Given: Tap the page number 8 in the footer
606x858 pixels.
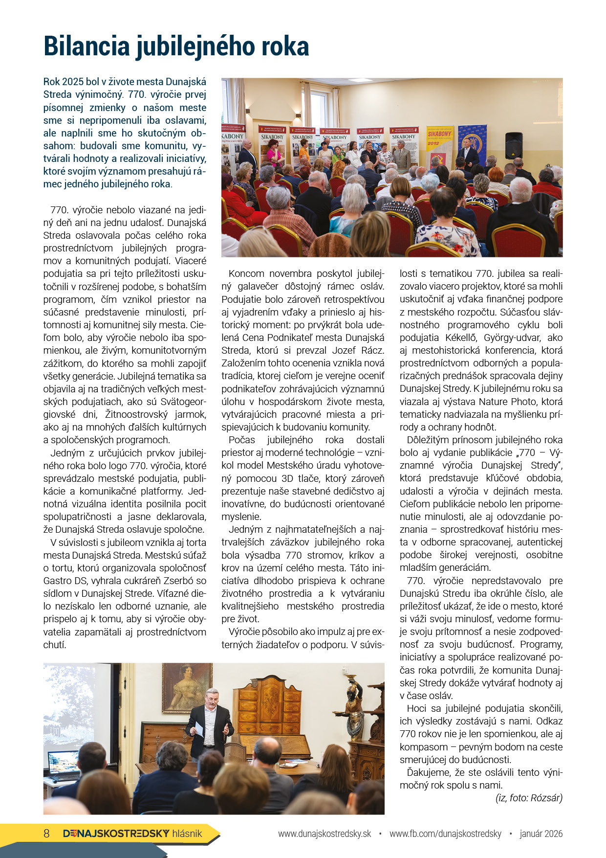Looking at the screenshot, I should point(47,834).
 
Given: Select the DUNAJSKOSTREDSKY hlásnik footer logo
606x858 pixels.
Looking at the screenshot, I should point(132,834).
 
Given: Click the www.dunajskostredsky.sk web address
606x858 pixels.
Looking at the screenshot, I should point(325,834).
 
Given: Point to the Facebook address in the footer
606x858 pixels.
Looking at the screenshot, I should point(445,834).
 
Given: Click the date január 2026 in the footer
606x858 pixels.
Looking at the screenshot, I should point(541,834).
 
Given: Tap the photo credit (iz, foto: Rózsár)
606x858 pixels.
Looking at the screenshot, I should point(529,798).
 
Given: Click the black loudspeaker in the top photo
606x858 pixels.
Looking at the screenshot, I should point(514,145).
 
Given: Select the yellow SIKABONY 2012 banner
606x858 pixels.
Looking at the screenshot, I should point(440,145).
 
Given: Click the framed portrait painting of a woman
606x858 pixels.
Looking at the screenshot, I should point(187,687).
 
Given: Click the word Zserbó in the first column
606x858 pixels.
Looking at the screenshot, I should point(176,581).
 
